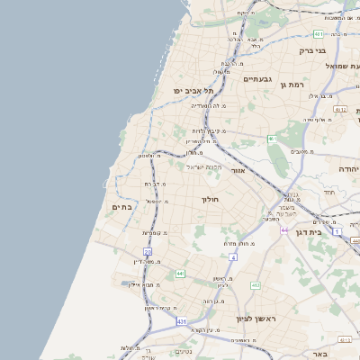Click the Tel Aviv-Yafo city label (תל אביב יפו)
[193, 91]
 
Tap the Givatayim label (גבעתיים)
[260, 79]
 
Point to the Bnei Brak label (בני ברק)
[311, 51]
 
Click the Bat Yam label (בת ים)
[122, 207]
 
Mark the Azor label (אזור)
[238, 169]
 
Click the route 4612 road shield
[339, 109]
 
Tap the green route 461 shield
[271, 139]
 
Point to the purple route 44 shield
[284, 230]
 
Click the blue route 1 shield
[337, 231]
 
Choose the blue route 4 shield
[232, 257]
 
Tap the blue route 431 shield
[182, 321]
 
